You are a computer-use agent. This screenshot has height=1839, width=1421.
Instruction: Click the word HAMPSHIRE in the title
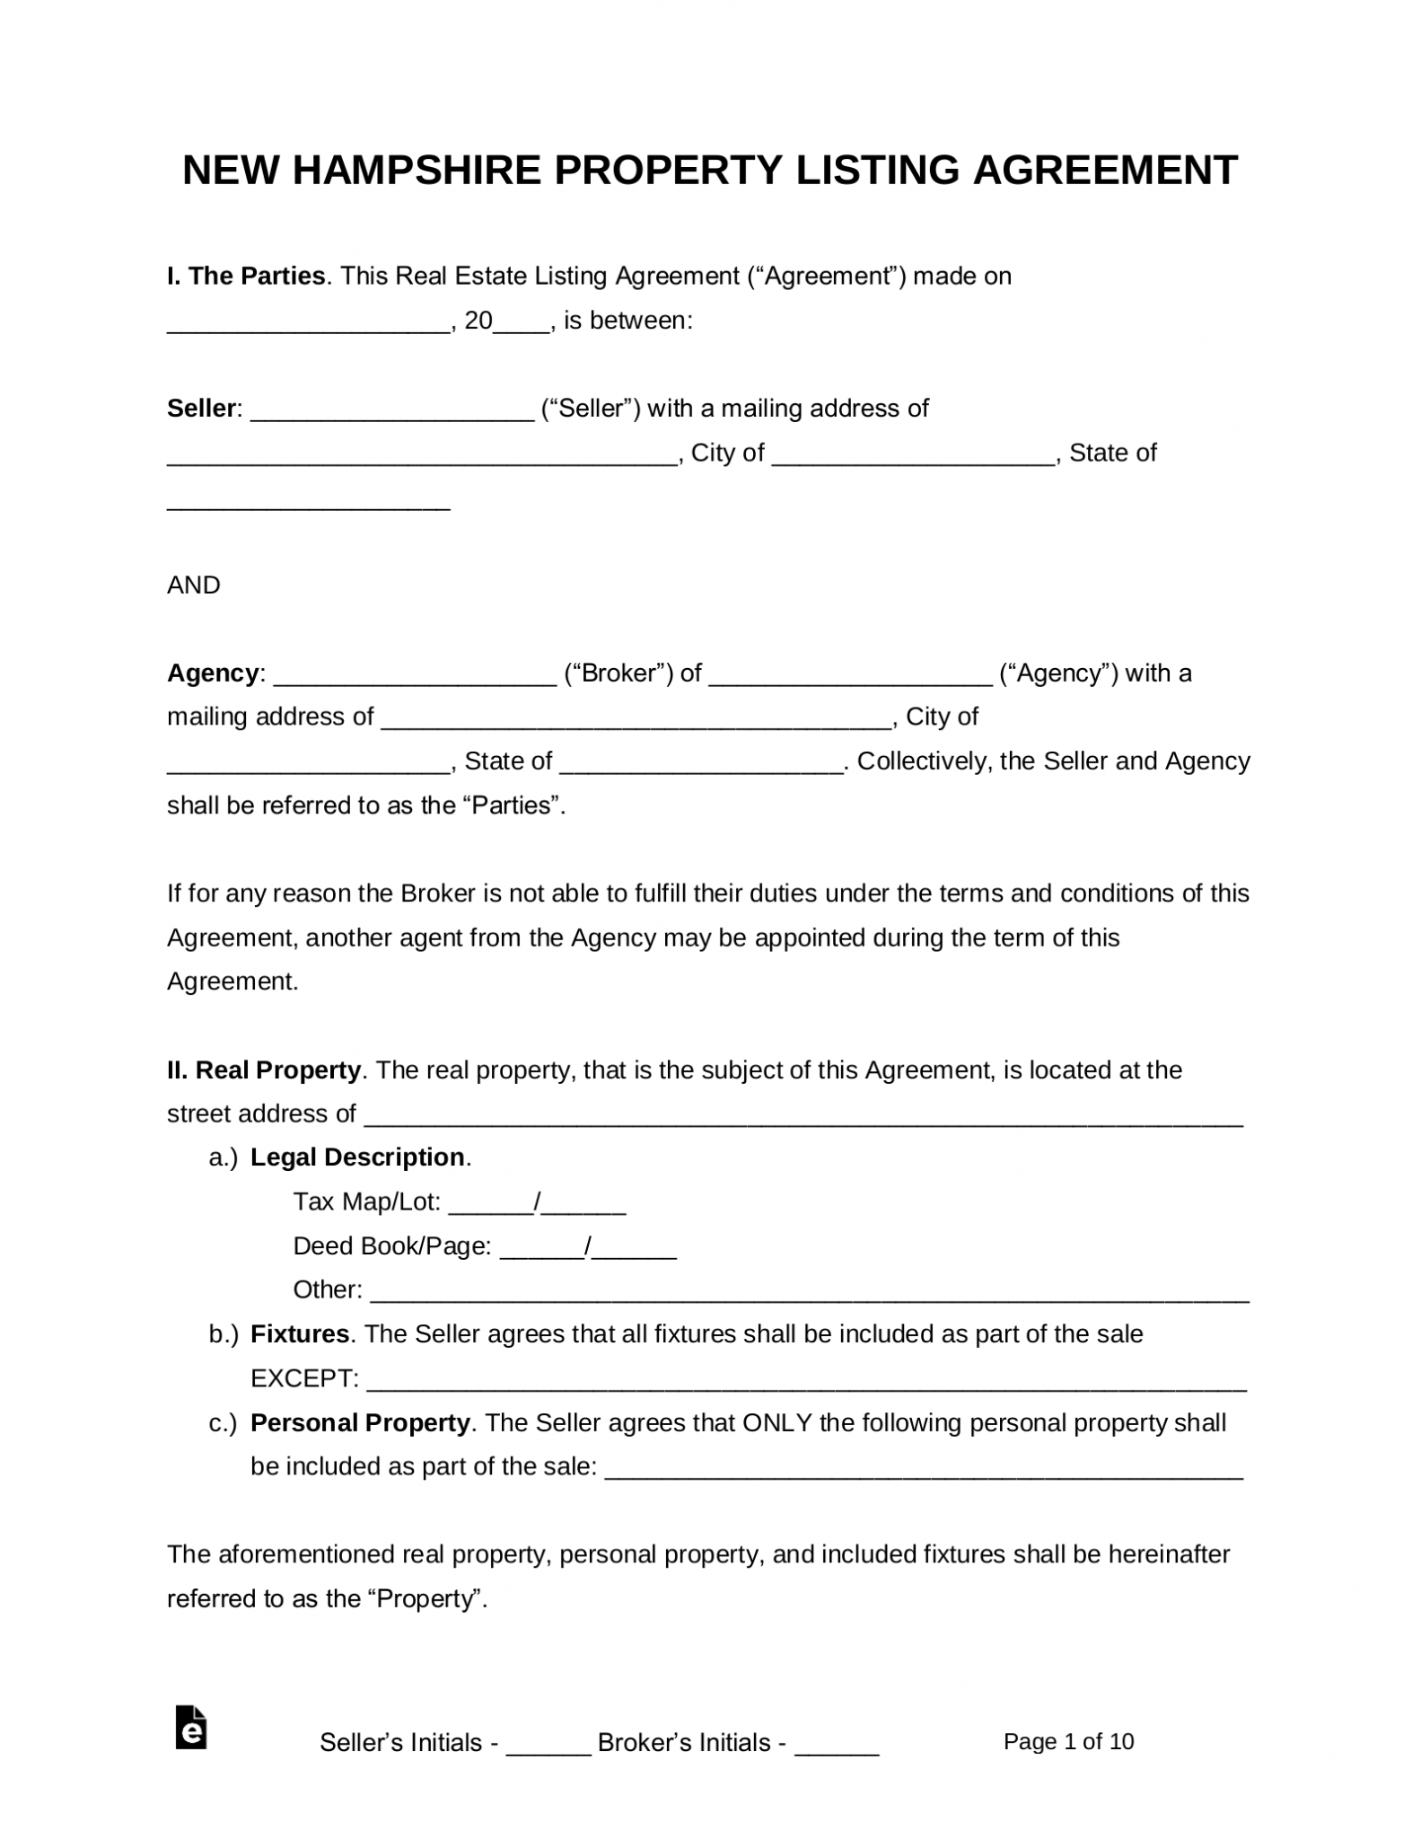point(417,170)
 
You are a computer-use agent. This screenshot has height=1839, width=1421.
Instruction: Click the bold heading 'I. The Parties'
point(246,277)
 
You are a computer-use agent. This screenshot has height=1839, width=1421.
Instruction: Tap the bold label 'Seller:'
point(204,409)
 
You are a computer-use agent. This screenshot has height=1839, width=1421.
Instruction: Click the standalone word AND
point(194,585)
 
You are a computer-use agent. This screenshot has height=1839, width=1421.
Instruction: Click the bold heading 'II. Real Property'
point(264,1070)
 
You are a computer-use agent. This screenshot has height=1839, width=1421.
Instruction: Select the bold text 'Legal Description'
point(357,1157)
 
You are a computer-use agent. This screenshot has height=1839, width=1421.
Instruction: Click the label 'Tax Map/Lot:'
point(366,1201)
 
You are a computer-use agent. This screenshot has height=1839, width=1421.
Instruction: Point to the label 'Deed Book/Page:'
point(391,1246)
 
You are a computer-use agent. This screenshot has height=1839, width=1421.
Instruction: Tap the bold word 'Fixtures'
point(300,1334)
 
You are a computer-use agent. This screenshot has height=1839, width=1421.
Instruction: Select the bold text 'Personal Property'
point(360,1423)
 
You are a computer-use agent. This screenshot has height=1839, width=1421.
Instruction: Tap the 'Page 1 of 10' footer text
point(1068,1742)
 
